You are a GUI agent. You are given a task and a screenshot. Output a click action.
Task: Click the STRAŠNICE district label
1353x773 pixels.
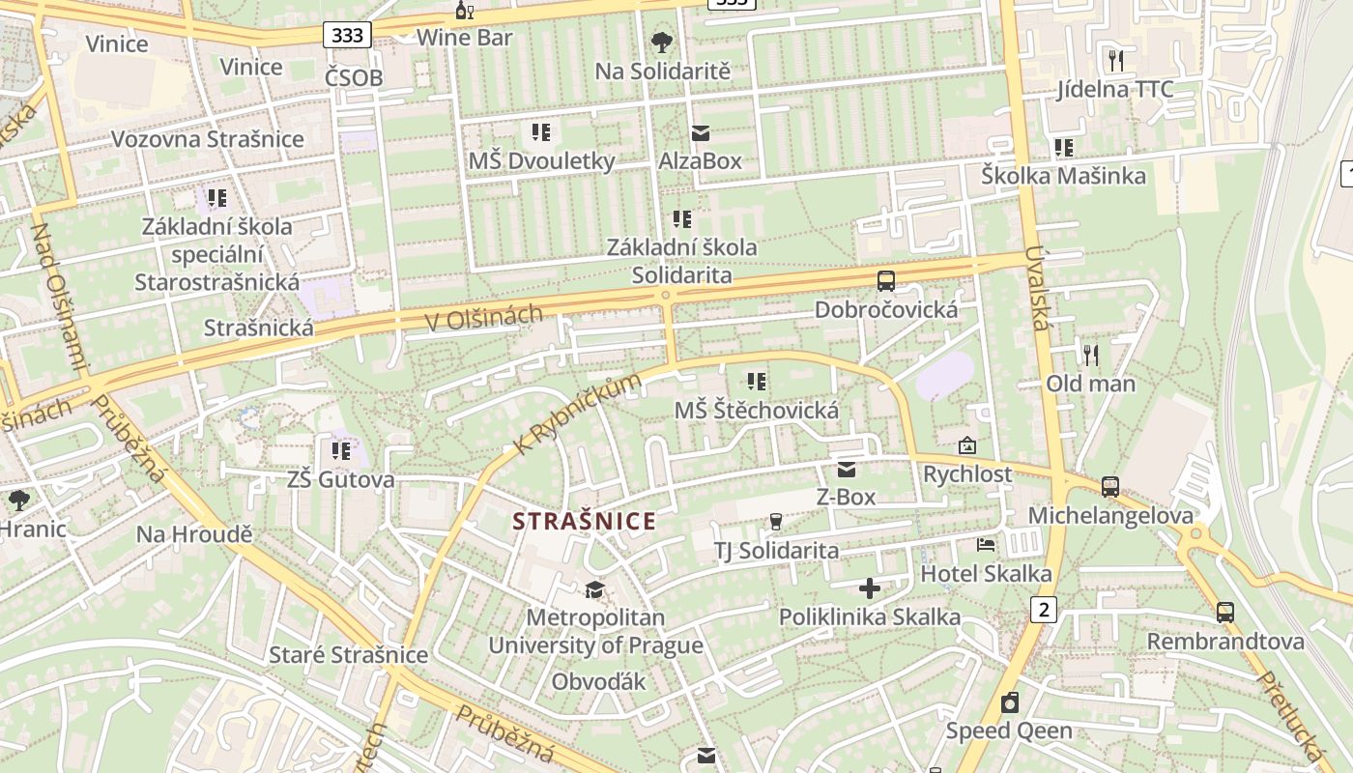[x=584, y=522]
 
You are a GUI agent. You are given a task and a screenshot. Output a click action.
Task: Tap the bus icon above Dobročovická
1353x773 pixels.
[x=885, y=281]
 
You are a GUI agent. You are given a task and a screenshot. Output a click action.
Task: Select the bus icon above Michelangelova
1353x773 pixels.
[x=1110, y=487]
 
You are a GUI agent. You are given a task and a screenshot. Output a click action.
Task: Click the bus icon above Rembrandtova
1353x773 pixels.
[x=1225, y=613]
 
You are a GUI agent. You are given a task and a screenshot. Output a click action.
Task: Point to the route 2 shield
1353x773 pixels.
[x=1044, y=610]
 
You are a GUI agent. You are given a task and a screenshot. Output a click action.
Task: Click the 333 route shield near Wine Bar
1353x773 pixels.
[x=347, y=36]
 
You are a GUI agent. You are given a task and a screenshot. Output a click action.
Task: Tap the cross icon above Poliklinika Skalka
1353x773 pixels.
[x=869, y=587]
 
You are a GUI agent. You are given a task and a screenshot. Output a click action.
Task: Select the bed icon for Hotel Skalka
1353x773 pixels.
[x=986, y=545]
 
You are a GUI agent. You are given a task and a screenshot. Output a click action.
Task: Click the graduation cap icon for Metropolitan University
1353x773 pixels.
[x=594, y=589]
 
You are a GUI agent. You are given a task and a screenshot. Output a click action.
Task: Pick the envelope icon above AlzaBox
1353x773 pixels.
[x=700, y=133]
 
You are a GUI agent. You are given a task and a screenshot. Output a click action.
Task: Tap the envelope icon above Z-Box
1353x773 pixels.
[x=847, y=470]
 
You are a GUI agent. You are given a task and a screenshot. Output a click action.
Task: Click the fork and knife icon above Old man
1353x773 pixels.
[x=1091, y=356]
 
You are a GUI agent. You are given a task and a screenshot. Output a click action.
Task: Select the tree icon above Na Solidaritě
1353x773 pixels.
[x=662, y=42]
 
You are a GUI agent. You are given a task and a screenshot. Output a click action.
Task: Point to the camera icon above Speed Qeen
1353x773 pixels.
[x=1010, y=702]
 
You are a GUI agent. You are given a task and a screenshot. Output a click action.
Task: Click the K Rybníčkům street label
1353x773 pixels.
[x=578, y=415]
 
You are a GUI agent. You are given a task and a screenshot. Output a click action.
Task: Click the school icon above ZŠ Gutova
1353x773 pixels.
[x=340, y=450]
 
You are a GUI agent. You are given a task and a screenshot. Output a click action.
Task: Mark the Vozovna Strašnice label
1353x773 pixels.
[x=207, y=139]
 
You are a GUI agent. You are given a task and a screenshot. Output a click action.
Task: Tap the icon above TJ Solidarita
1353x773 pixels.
[x=775, y=522]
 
